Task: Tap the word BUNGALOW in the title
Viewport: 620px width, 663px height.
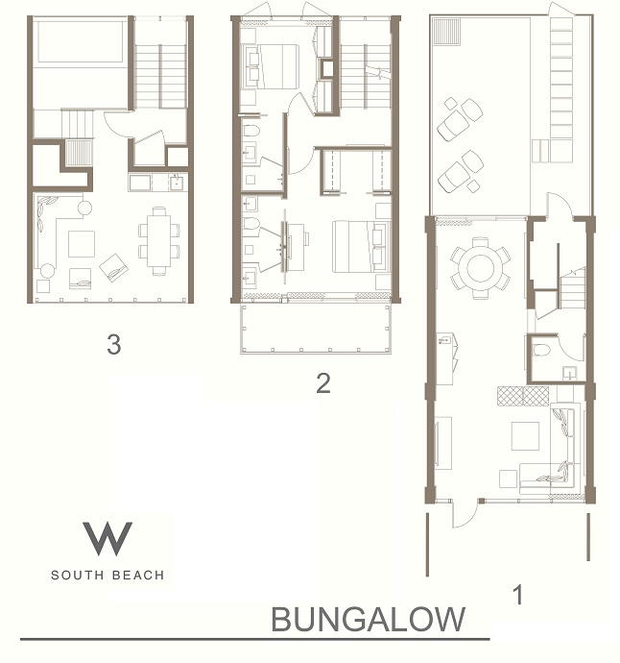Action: click(x=368, y=620)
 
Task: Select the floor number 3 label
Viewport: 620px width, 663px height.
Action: click(x=114, y=344)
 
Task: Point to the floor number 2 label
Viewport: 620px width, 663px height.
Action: click(x=323, y=383)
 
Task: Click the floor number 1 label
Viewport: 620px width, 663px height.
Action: click(x=518, y=595)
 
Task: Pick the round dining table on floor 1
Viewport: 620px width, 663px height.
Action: click(x=480, y=268)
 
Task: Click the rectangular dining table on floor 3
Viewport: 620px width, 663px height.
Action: click(x=159, y=241)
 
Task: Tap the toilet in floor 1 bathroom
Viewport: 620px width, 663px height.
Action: click(x=541, y=350)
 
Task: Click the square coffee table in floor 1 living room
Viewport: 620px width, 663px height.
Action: click(x=525, y=436)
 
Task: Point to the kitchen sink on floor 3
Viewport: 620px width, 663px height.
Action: click(x=177, y=183)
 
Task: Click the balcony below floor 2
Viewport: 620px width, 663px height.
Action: click(x=315, y=328)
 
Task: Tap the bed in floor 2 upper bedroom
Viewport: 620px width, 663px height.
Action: click(x=270, y=66)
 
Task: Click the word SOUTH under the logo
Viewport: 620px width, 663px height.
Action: click(x=78, y=575)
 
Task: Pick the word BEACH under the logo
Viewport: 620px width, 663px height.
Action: click(x=138, y=575)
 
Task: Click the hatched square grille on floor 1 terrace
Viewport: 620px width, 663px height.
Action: click(x=446, y=31)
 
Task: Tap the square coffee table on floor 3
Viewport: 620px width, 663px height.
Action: click(x=82, y=243)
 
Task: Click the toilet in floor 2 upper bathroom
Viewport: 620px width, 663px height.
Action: click(x=251, y=131)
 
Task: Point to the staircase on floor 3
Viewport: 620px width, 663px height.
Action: click(x=160, y=76)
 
